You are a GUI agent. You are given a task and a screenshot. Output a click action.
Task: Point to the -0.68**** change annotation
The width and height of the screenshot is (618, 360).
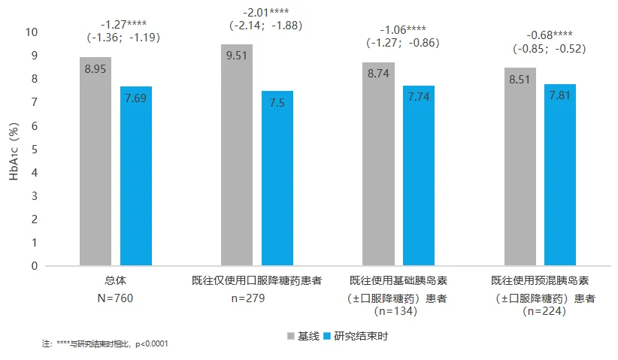point(549,35)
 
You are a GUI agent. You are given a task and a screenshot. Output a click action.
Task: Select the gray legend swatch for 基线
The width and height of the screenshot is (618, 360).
point(291,335)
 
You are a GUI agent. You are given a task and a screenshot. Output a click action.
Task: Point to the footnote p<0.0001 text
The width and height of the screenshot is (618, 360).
point(151,344)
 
